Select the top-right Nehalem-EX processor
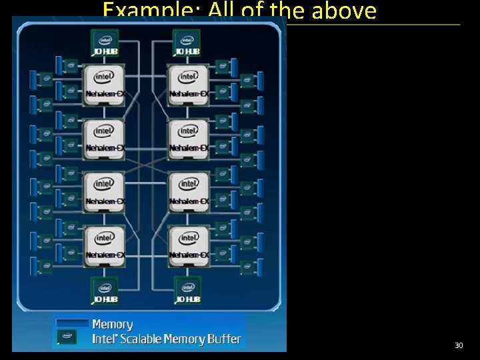click(189, 84)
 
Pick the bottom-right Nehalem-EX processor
click(189, 245)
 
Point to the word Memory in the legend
click(113, 325)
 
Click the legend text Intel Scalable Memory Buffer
click(167, 339)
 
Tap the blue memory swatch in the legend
click(72, 323)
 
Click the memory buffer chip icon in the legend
click(67, 338)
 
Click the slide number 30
click(459, 345)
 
